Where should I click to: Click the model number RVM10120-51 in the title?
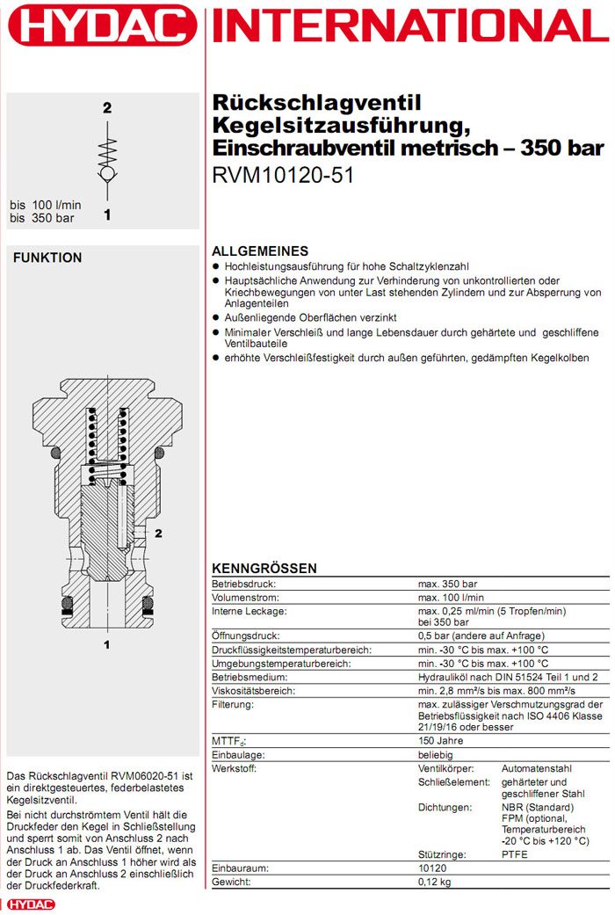pos(283,174)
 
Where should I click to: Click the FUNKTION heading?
pos(47,258)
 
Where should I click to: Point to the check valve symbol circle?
pos(107,175)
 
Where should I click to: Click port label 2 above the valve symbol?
pos(107,109)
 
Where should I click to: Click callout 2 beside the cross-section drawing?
pos(159,533)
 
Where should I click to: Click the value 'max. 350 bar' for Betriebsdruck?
pos(447,584)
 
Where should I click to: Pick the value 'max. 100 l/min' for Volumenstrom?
pos(450,598)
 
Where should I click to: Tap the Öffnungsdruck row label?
pos(246,635)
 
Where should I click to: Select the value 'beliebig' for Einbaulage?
pos(437,754)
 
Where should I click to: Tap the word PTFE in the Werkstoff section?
pos(515,854)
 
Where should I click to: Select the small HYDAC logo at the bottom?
pos(30,904)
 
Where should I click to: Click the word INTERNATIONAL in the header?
pos(411,26)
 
